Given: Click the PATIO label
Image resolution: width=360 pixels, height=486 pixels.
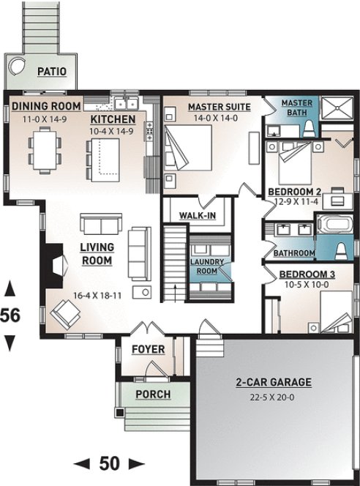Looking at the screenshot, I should [x=52, y=71].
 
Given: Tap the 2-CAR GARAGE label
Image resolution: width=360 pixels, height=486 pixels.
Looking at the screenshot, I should [x=274, y=382].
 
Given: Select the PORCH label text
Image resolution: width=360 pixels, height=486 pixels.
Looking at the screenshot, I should [x=153, y=395].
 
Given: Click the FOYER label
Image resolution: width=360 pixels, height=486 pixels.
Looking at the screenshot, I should [x=148, y=349].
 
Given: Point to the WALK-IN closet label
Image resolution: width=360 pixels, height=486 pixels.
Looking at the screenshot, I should [x=197, y=216].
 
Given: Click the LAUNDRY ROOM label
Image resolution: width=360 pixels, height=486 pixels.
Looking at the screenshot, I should [x=206, y=266].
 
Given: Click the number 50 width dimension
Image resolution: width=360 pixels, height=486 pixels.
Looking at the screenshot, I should [x=109, y=463].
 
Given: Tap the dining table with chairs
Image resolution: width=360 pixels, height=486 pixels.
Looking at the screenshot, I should [x=44, y=149].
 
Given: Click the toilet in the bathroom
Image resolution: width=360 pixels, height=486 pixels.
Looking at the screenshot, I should [x=340, y=249].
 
